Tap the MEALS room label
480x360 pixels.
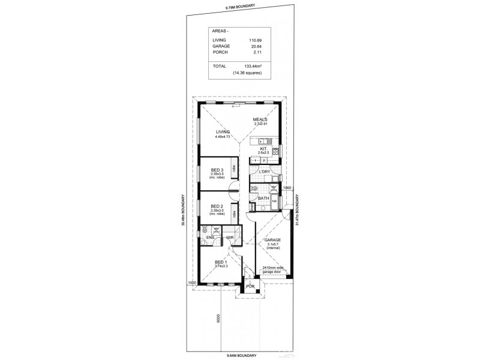(260, 119)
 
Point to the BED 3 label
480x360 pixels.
(217, 170)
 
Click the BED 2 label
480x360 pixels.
(217, 206)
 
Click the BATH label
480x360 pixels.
(263, 199)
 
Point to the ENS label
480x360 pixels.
(210, 238)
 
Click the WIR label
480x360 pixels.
(230, 238)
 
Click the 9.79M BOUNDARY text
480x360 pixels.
(241, 7)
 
